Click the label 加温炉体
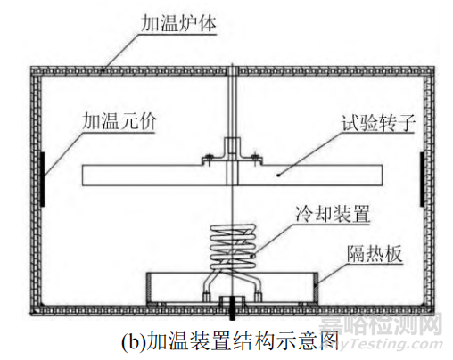point(178,23)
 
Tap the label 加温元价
point(119,121)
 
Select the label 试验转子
point(378,123)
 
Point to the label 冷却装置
point(333,213)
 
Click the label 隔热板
point(375,254)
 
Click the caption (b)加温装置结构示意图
point(230,341)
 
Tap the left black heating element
point(42,179)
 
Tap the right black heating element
point(422,179)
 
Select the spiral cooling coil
point(233,248)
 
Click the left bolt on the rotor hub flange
point(208,159)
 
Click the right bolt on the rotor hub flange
point(255,159)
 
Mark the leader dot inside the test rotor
point(278,176)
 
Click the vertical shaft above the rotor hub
point(232,105)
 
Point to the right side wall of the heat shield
point(316,288)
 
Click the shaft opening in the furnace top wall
point(232,71)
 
